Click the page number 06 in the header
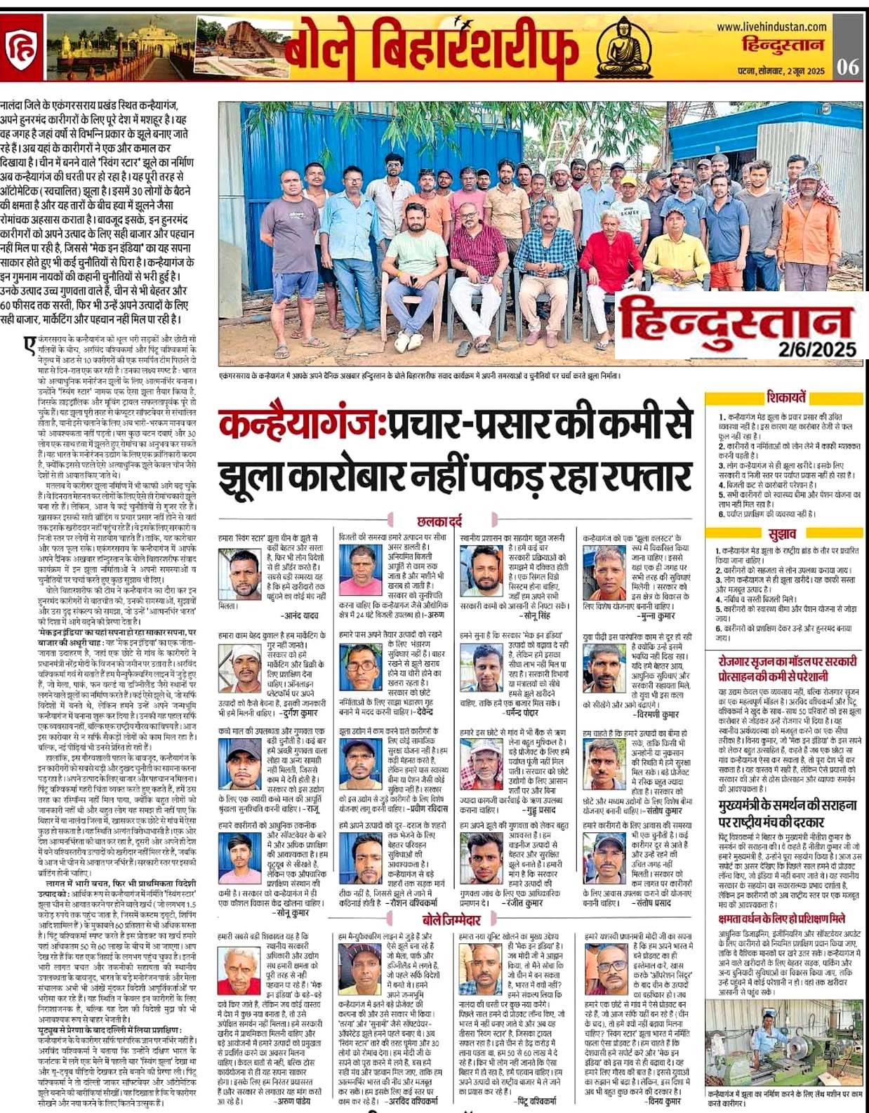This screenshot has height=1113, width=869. point(848,67)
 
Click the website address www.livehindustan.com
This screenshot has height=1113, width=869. point(771,27)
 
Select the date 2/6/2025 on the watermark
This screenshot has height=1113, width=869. point(817,349)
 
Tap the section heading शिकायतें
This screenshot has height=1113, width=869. point(786,397)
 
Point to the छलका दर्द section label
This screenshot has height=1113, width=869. point(439,521)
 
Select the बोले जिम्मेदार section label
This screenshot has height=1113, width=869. point(452,920)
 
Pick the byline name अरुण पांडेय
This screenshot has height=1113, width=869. point(294,1102)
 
